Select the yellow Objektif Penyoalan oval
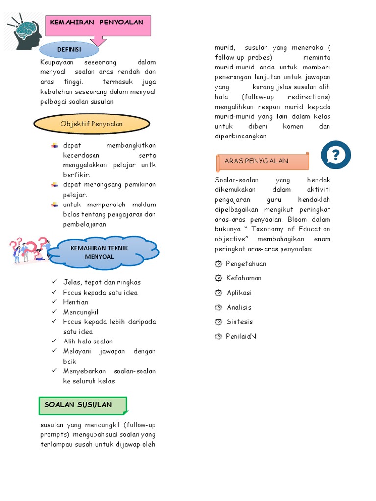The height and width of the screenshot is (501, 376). pos(92,124)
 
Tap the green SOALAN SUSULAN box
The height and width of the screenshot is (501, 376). pos(83,405)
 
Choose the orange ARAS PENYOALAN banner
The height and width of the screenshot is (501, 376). pos(262,161)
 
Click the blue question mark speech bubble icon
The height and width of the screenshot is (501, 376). pos(335,155)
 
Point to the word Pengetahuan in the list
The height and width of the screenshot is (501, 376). pos(246,264)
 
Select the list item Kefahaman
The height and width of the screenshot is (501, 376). pos(244,278)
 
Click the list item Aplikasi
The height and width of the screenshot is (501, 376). pos(239,293)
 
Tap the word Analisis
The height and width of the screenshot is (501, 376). pos(239,307)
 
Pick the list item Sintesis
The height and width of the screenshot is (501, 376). pos(239,322)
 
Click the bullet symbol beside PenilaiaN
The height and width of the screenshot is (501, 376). pos(218,337)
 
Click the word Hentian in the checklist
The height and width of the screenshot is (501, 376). pos(75,302)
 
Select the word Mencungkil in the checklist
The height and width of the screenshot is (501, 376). pos(81,312)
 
